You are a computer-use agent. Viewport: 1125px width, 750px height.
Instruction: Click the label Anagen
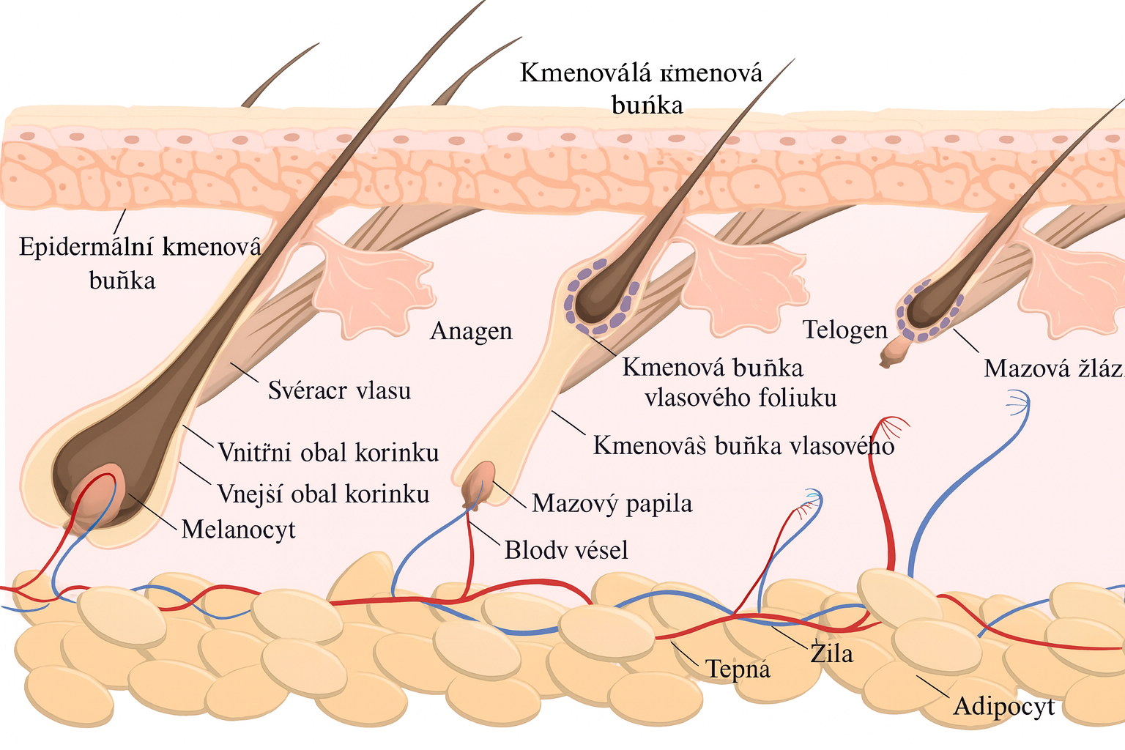click(x=471, y=331)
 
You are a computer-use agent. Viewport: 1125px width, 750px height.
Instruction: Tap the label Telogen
click(x=844, y=330)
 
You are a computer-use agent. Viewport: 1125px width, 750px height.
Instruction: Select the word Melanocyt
click(x=238, y=529)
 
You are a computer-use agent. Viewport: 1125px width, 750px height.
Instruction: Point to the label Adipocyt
click(x=1003, y=706)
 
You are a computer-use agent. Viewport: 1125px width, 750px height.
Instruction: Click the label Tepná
click(x=737, y=669)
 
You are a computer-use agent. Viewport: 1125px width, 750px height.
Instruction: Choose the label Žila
click(x=831, y=652)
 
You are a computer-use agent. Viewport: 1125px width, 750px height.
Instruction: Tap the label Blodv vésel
click(x=566, y=549)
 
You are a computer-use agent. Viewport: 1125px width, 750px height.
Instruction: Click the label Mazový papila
click(x=612, y=504)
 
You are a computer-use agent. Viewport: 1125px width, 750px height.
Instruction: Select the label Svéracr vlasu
click(x=339, y=390)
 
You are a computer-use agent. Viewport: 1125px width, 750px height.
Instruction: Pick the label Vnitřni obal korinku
click(x=328, y=453)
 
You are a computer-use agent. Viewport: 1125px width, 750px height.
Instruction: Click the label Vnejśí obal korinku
click(x=323, y=494)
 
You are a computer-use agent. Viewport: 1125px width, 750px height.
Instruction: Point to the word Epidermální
click(x=86, y=247)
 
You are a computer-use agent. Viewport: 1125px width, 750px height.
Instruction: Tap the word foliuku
click(x=798, y=398)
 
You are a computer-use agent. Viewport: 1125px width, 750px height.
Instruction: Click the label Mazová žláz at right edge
click(x=1053, y=368)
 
